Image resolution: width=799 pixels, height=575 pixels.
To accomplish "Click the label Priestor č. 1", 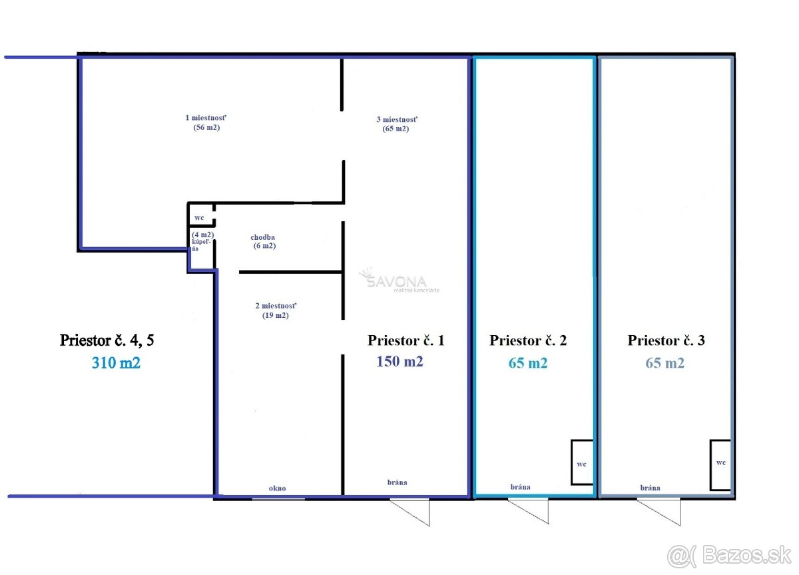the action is coord(406,340).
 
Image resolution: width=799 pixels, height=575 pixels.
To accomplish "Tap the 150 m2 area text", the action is coord(400,362).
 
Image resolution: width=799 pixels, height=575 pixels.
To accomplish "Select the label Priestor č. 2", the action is coord(528,340).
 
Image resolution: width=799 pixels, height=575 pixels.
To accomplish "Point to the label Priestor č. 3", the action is coord(666,340).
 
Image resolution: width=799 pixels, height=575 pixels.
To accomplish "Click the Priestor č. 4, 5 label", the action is coord(107,340).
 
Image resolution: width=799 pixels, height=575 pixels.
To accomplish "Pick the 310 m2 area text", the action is coord(116,363).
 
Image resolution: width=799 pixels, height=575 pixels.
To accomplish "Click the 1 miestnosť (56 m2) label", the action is coord(206,123).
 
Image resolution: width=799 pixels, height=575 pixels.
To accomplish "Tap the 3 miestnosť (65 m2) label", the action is coord(397,124).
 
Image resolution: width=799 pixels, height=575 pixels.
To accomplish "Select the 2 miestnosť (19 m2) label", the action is coord(276,310).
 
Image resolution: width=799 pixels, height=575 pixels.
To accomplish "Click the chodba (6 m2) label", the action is coord(263,241).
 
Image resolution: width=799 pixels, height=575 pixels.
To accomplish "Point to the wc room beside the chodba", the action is coord(201,215).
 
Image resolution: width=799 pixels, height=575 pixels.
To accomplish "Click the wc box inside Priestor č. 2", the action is coord(582,462).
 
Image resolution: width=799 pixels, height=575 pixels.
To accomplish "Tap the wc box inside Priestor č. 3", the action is coord(720,465).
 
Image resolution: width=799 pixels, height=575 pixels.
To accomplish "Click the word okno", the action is coord(277,488).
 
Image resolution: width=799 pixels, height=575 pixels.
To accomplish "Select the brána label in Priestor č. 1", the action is coord(397,482).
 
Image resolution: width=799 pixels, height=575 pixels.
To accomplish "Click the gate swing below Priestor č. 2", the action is coord(528,512).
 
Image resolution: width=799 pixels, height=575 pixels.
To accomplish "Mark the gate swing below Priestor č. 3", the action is coord(659,512).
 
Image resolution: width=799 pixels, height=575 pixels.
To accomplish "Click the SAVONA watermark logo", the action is coord(399,281).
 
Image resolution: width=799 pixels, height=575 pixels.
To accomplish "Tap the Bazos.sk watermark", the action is coord(729,556).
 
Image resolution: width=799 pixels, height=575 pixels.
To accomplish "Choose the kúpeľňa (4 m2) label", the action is coord(202,241).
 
